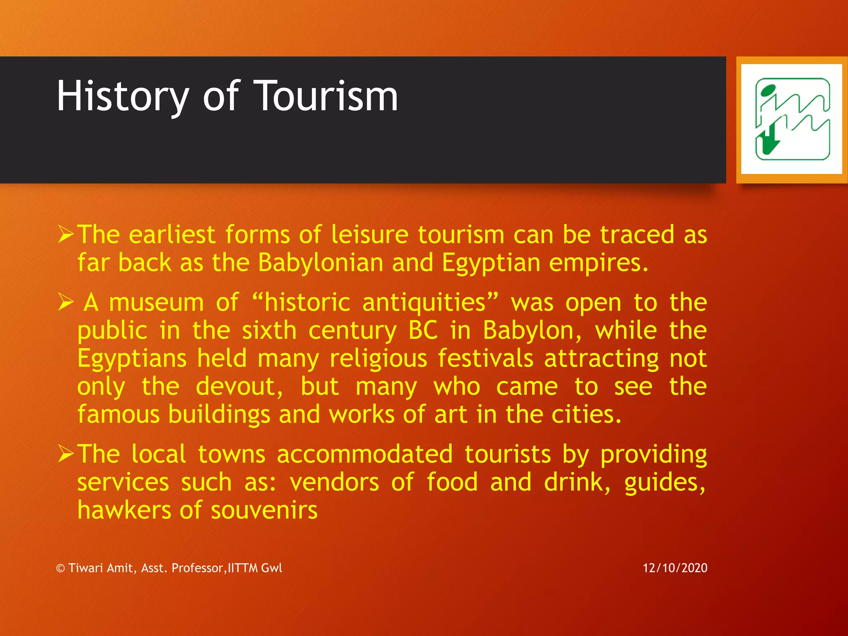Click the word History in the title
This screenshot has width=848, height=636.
click(123, 97)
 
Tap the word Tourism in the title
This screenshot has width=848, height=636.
click(325, 97)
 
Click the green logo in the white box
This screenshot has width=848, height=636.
click(792, 119)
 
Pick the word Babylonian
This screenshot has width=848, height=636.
click(320, 263)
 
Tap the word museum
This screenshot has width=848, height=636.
click(157, 302)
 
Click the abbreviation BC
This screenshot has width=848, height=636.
click(423, 330)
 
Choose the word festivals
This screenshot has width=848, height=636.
click(486, 358)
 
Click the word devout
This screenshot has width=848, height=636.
click(239, 386)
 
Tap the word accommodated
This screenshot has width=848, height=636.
click(365, 454)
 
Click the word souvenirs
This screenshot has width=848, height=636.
click(264, 510)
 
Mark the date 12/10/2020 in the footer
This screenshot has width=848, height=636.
click(675, 568)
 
